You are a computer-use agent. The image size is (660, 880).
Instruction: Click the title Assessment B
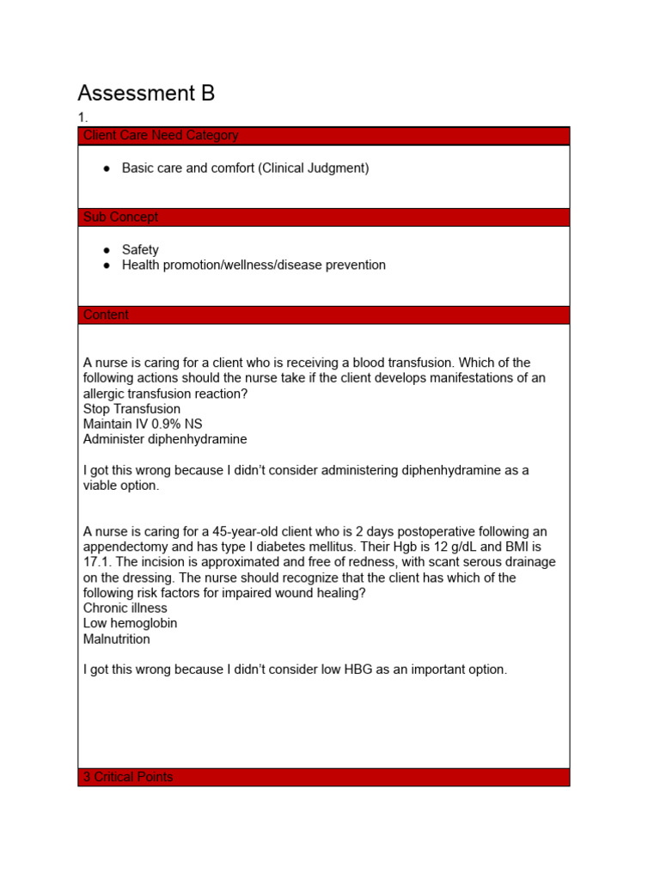pyautogui.click(x=146, y=93)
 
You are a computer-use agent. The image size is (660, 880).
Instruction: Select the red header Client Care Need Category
pyautogui.click(x=161, y=136)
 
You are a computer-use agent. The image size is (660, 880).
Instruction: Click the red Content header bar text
pyautogui.click(x=107, y=315)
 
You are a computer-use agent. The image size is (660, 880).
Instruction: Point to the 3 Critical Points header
pyautogui.click(x=128, y=777)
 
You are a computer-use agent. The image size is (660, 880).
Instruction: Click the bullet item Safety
pyautogui.click(x=140, y=250)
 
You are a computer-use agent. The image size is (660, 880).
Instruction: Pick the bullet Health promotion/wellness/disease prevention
pyautogui.click(x=254, y=266)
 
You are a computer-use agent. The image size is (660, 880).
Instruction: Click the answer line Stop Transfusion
pyautogui.click(x=131, y=409)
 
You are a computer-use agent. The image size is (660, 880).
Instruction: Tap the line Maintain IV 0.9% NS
pyautogui.click(x=143, y=425)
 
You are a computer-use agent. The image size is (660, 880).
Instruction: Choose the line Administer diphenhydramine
pyautogui.click(x=165, y=440)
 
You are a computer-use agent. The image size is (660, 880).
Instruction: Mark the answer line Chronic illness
pyautogui.click(x=125, y=608)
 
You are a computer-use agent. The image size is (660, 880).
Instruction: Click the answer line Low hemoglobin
pyautogui.click(x=130, y=624)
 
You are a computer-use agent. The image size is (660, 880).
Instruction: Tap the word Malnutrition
pyautogui.click(x=117, y=639)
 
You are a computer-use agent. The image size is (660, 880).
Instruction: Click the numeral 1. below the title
pyautogui.click(x=82, y=118)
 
